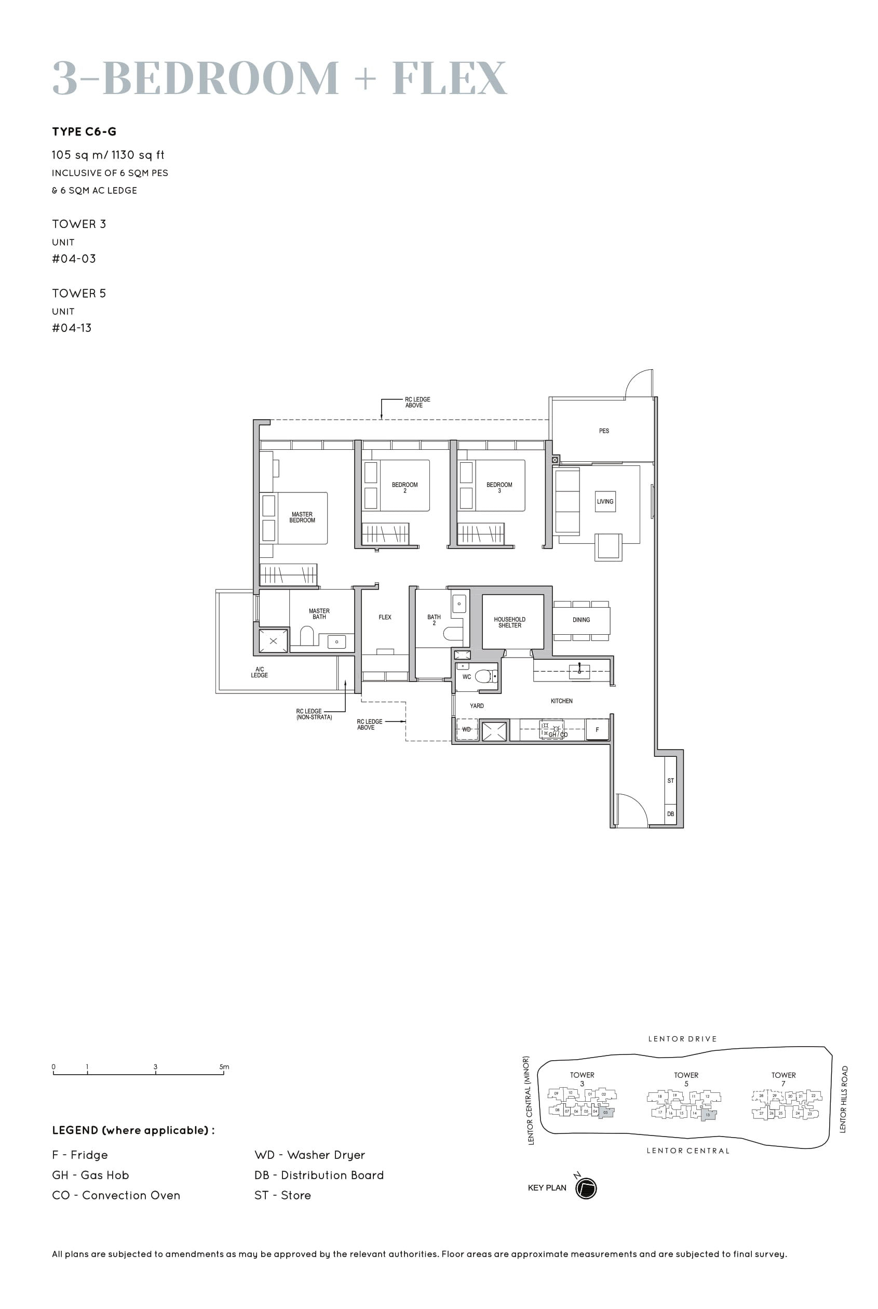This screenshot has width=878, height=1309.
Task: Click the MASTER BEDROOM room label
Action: click(302, 517)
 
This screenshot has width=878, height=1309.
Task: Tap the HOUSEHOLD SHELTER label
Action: click(509, 622)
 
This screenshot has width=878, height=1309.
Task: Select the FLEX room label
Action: click(385, 617)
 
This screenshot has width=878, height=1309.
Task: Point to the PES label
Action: click(604, 431)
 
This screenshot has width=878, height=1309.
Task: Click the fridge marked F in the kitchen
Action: click(597, 730)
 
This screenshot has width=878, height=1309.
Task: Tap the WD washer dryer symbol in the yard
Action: click(466, 729)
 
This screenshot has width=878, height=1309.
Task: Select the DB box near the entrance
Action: click(670, 814)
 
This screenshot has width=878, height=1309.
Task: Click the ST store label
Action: click(670, 781)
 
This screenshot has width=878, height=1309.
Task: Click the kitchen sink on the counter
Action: click(579, 671)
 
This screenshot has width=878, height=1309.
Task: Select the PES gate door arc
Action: click(638, 383)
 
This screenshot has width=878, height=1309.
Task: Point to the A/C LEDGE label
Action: click(259, 672)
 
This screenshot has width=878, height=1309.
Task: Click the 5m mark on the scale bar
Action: click(223, 1067)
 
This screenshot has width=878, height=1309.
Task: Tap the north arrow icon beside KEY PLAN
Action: click(586, 1188)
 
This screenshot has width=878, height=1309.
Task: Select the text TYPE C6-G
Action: click(84, 131)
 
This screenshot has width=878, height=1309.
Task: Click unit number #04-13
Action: click(72, 328)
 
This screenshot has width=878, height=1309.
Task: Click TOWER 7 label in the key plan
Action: click(783, 1079)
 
